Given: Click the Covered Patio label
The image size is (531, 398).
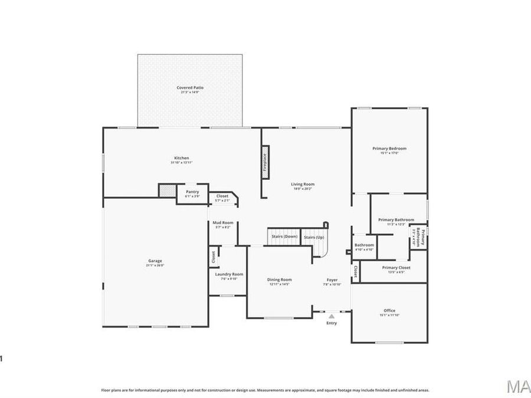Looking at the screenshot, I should click(189, 88).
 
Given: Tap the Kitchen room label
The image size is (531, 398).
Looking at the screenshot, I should click(182, 158).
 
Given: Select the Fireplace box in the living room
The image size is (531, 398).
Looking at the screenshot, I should click(264, 163).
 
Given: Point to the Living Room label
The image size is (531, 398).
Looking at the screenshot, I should click(303, 184).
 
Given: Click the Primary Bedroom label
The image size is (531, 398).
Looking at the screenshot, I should click(389, 149).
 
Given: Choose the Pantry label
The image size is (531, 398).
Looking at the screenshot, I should click(192, 192).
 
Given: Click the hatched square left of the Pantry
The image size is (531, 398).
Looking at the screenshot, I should click(167, 191).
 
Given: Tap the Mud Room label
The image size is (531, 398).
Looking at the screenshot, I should click(224, 223).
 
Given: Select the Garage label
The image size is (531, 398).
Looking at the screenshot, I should click(155, 261).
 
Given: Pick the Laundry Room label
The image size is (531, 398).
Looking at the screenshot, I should click(229, 274).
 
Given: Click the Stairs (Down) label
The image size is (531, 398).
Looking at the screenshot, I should click(284, 236).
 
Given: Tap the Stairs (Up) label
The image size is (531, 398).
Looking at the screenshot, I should click(314, 237).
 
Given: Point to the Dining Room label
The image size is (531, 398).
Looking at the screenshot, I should click(280, 279).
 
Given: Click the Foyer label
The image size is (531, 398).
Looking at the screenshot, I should click(332, 279).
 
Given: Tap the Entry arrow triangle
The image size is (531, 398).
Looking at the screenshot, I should click(332, 316).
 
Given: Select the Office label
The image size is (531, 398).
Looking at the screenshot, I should click(389, 311).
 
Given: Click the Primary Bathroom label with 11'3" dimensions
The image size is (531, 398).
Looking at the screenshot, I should click(396, 220).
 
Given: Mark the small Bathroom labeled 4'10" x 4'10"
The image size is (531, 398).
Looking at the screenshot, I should click(364, 245).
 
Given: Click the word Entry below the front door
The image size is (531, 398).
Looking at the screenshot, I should click(332, 323).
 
